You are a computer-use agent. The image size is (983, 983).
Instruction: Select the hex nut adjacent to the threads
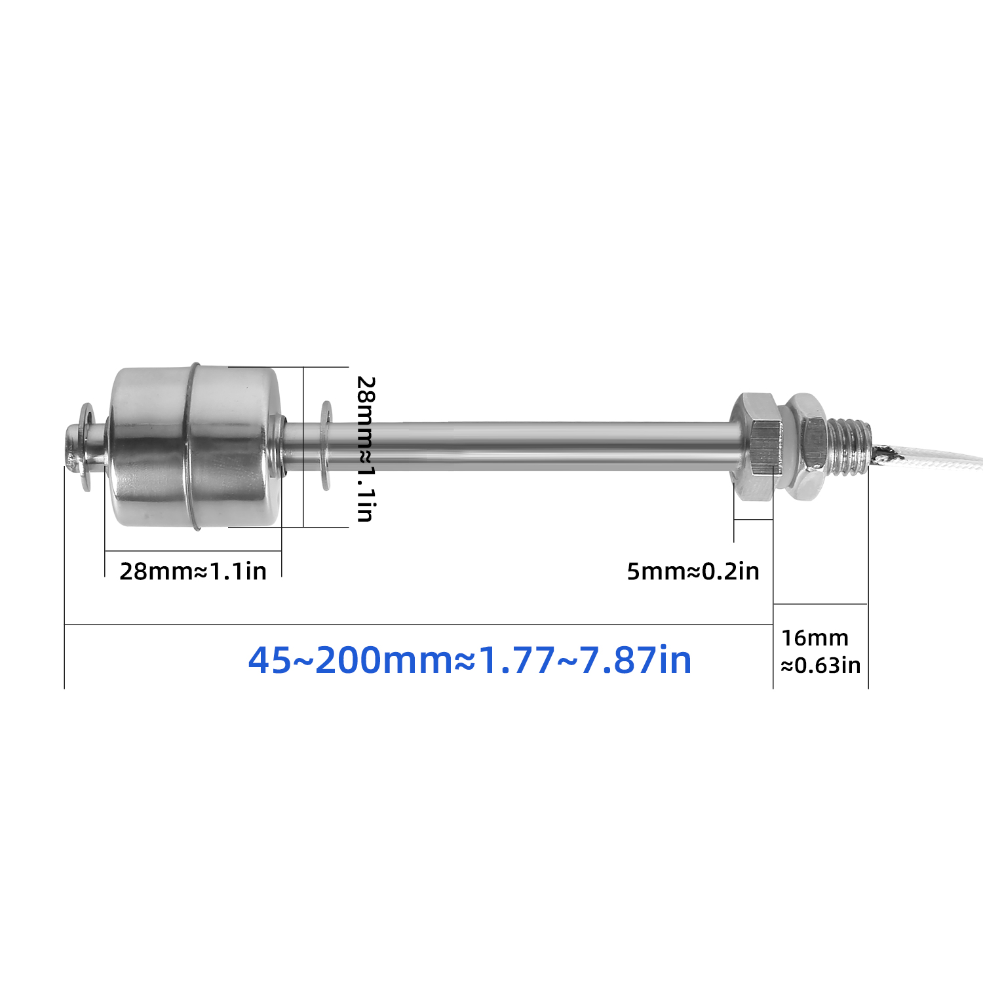805,447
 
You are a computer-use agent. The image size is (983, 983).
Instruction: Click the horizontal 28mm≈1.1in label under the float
193,571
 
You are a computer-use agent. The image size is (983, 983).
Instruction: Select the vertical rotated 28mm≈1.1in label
365,449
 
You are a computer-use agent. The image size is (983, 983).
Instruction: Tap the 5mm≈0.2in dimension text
693,571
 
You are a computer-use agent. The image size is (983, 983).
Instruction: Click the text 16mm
815,638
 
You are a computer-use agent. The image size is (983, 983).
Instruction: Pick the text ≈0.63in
820,666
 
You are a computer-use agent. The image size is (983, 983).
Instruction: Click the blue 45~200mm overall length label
470,660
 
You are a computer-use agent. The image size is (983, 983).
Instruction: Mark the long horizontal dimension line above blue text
419,625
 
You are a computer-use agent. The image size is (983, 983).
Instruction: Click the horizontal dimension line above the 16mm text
820,604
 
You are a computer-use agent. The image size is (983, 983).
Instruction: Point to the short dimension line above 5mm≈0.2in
753,520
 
